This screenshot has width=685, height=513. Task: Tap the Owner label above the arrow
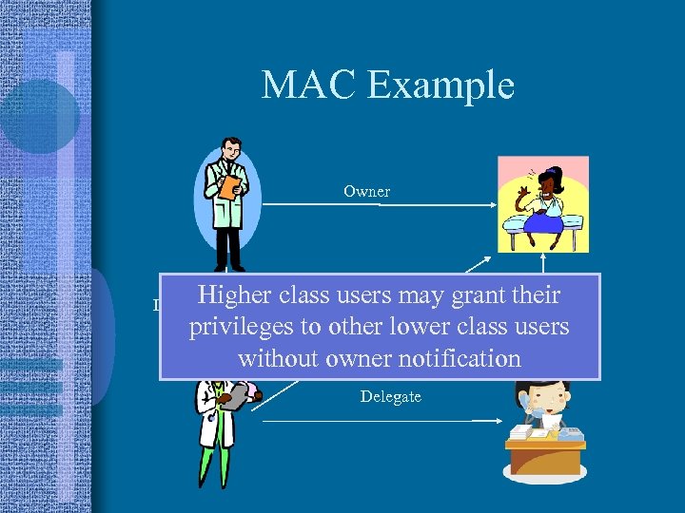(x=366, y=191)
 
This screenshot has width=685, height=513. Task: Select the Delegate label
(x=390, y=396)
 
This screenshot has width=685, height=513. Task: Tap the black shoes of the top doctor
(x=228, y=267)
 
